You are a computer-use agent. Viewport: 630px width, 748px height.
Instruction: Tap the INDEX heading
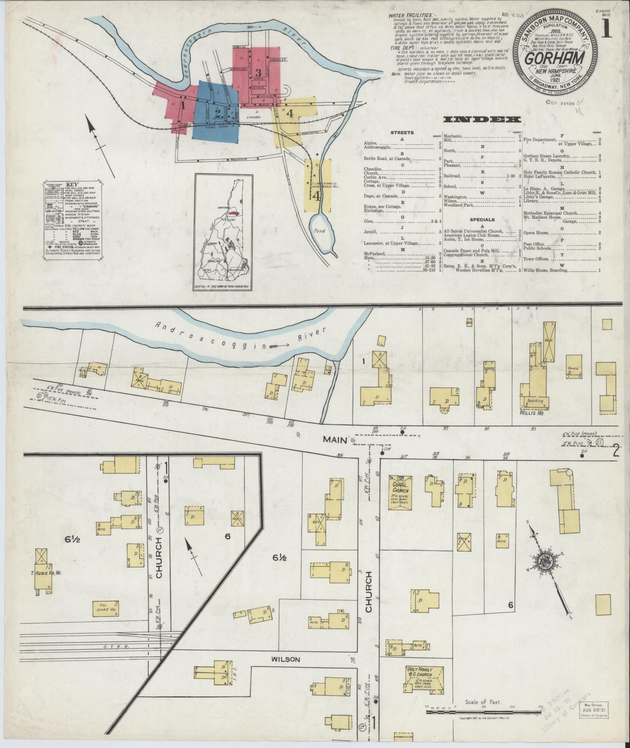pyautogui.click(x=482, y=119)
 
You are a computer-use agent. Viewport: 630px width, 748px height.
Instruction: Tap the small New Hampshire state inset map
pyautogui.click(x=224, y=232)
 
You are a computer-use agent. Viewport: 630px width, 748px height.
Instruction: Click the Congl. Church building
pyautogui.click(x=400, y=491)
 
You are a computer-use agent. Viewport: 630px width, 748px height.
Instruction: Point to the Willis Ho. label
pyautogui.click(x=532, y=412)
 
